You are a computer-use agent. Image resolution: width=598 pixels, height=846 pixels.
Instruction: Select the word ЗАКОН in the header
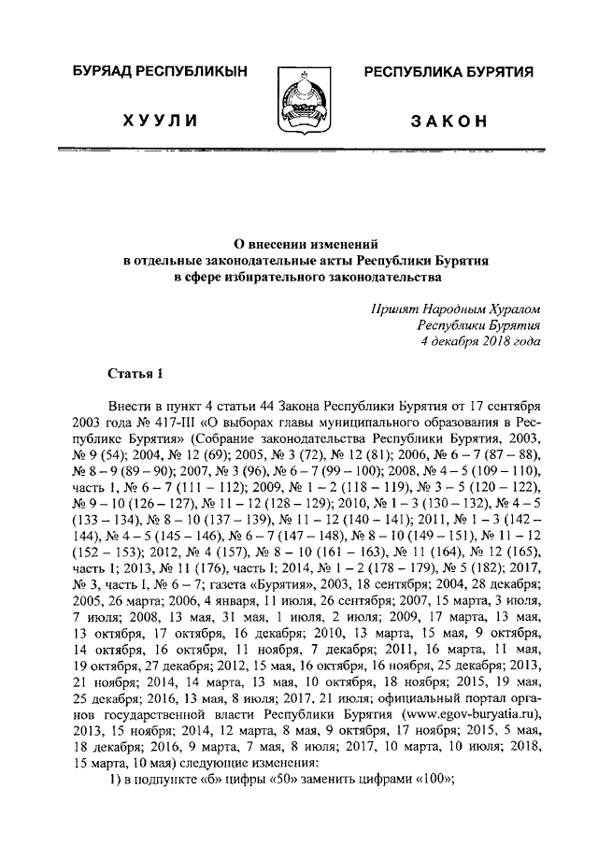point(448,122)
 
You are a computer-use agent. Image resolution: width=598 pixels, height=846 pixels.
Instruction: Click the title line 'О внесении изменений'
point(298,241)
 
